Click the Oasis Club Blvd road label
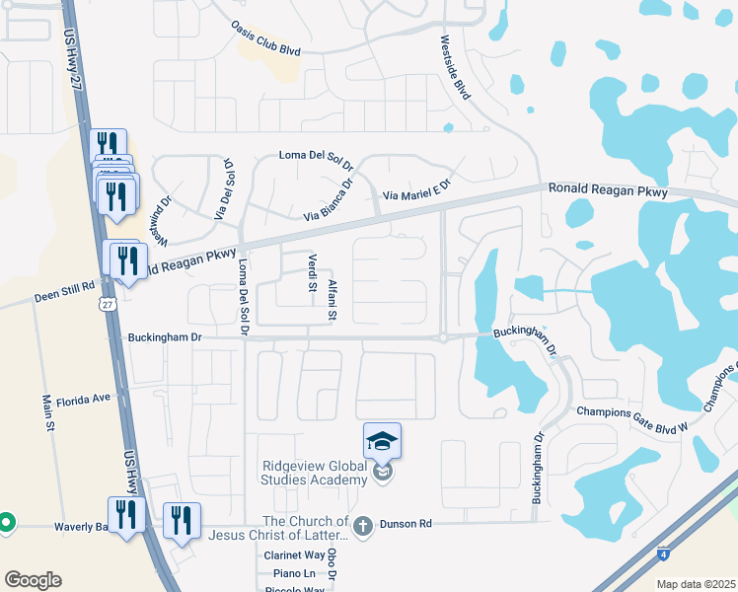tap(264, 37)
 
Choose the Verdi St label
tap(312, 272)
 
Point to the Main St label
tap(46, 413)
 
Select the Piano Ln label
tap(295, 573)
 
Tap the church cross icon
tap(363, 526)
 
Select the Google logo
tap(33, 580)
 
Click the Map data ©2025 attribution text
tap(696, 584)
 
